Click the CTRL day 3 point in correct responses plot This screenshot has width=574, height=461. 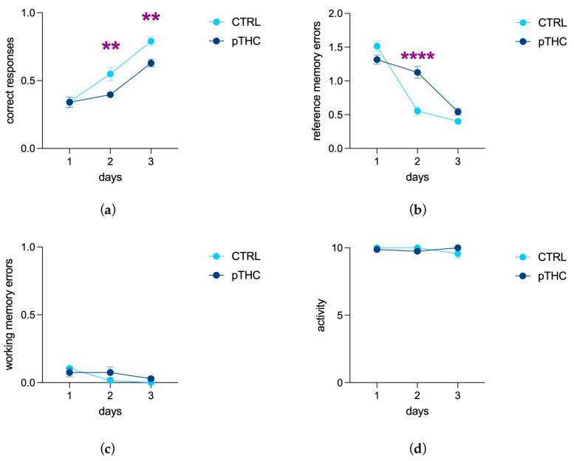click(x=151, y=41)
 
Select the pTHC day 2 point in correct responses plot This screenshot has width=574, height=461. click(x=110, y=95)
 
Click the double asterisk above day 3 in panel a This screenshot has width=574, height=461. click(x=151, y=18)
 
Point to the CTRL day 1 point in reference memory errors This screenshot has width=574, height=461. click(x=377, y=46)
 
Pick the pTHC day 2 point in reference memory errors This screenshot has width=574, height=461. click(x=417, y=72)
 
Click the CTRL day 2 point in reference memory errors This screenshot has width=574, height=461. click(x=417, y=111)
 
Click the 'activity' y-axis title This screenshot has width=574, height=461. click(x=321, y=315)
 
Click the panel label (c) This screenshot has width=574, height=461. click(x=109, y=448)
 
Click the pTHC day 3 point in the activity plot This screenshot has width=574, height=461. click(x=457, y=248)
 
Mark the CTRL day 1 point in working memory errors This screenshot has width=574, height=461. click(x=69, y=369)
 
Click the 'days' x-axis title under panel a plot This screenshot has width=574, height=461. click(x=109, y=178)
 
